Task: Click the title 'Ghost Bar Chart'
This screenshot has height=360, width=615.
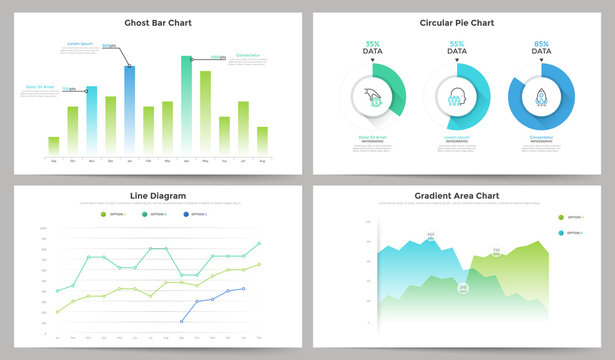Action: [158, 22]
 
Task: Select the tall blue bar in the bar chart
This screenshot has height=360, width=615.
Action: [129, 110]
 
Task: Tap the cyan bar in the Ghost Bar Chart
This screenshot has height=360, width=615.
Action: [91, 120]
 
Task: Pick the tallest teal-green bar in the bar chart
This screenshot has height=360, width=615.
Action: [186, 105]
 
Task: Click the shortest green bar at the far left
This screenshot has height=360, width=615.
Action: [53, 145]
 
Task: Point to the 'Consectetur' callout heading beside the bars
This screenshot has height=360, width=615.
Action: [247, 56]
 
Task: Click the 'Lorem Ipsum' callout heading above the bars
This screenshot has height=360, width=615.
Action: [80, 44]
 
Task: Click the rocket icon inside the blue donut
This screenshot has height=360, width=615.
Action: [541, 98]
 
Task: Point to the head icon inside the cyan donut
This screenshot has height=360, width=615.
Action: [457, 98]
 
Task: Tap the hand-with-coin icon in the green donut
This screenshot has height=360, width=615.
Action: [372, 98]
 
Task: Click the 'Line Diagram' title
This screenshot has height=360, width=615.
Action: [158, 195]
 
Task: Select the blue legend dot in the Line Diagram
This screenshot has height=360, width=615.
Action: [186, 214]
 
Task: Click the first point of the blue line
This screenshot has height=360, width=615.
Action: [181, 321]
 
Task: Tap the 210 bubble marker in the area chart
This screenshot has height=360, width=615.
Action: [463, 288]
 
